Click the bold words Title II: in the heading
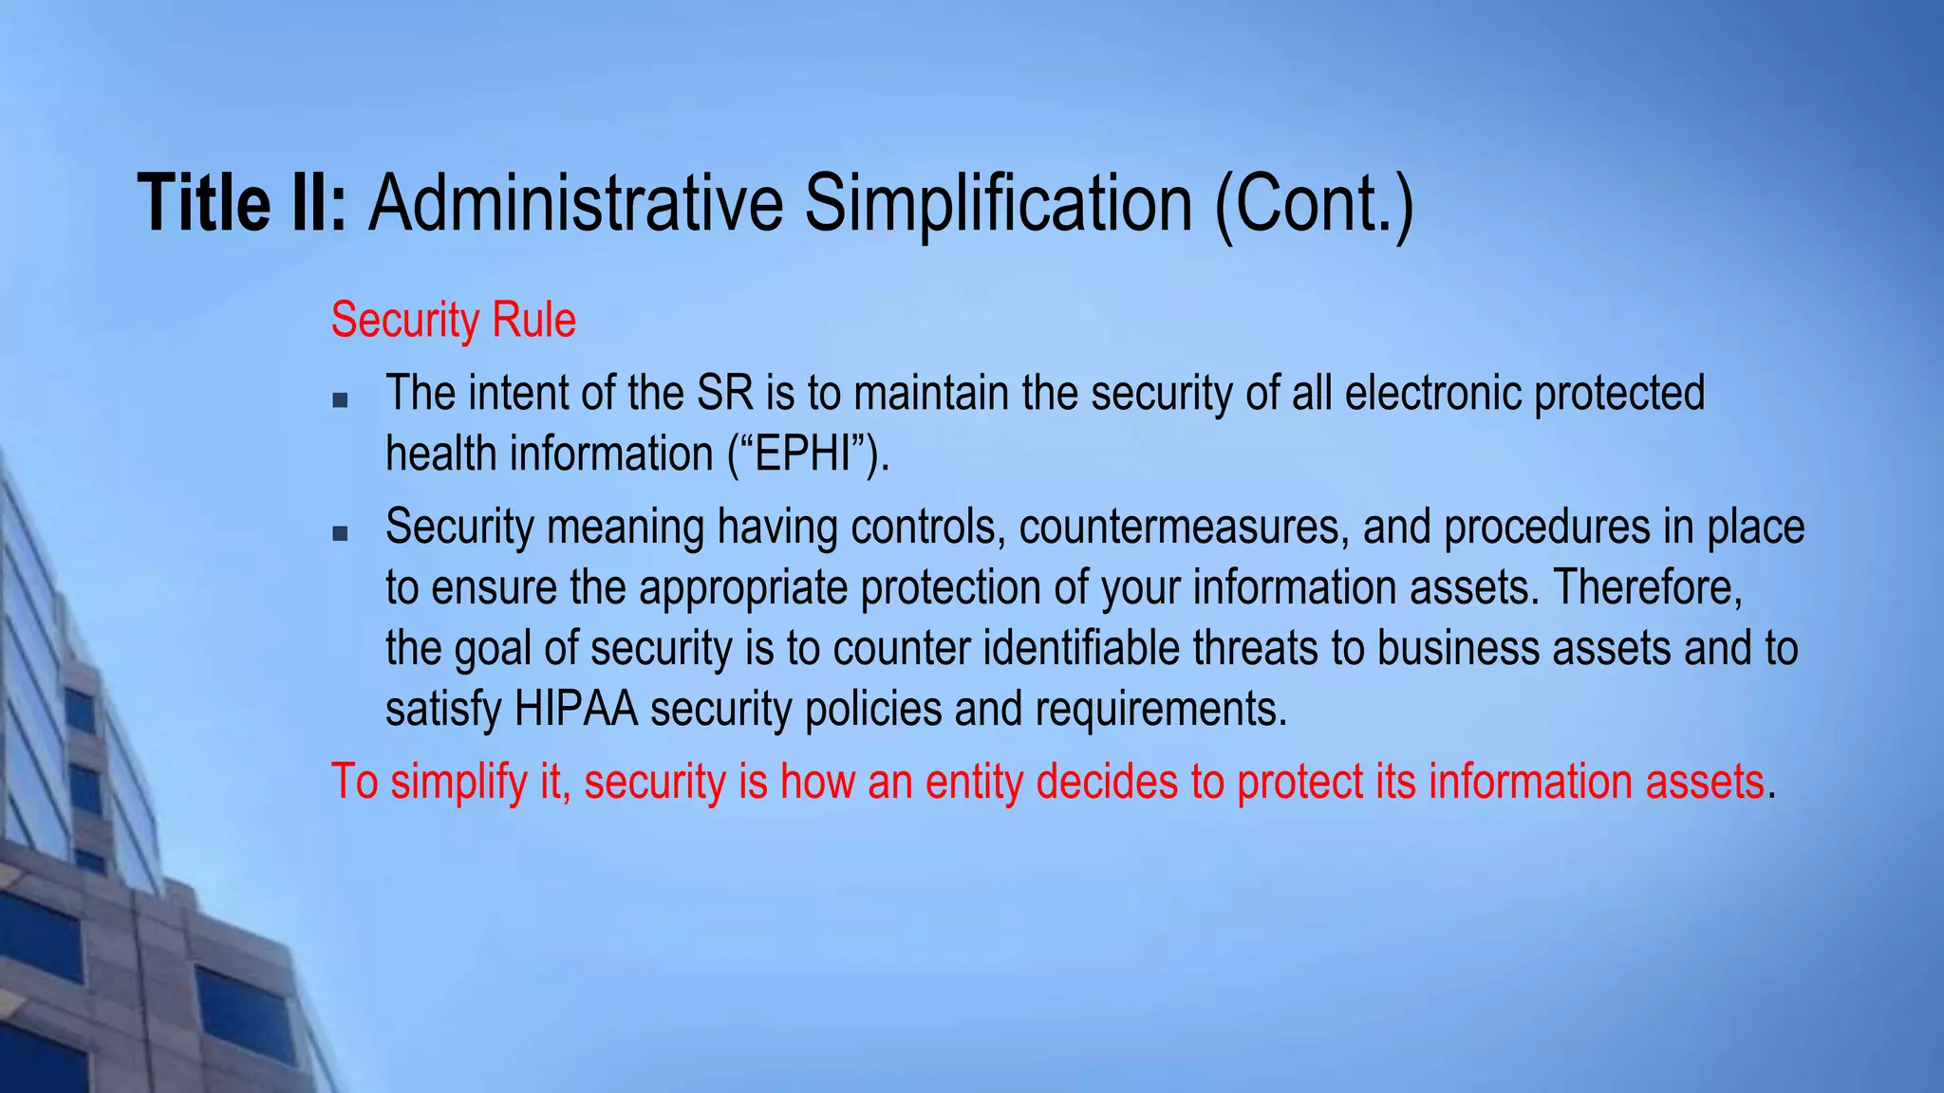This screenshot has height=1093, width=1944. pos(243,203)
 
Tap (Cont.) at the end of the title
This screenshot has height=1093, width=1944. pos(1315,203)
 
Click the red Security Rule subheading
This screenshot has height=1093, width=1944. pos(453,321)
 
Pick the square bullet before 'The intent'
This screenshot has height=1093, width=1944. pos(340,400)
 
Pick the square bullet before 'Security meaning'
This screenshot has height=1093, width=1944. pos(340,534)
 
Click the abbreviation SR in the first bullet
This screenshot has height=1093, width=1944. pos(725,394)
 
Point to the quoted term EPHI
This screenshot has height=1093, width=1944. pos(809,454)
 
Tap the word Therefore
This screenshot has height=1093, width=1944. pos(1647,588)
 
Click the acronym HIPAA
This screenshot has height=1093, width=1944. pos(576,710)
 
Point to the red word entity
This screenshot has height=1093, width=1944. pos(974,783)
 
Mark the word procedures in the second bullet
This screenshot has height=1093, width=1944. pos(1547,528)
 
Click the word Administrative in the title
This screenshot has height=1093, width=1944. pos(575,203)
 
